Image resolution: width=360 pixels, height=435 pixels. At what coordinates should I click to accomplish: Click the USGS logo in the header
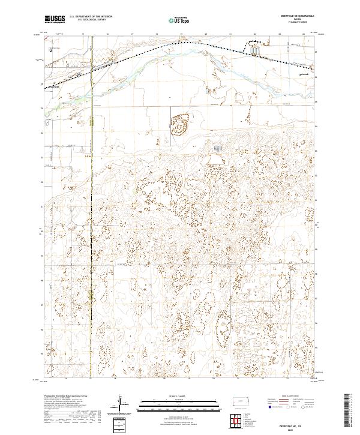coord(55,19)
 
